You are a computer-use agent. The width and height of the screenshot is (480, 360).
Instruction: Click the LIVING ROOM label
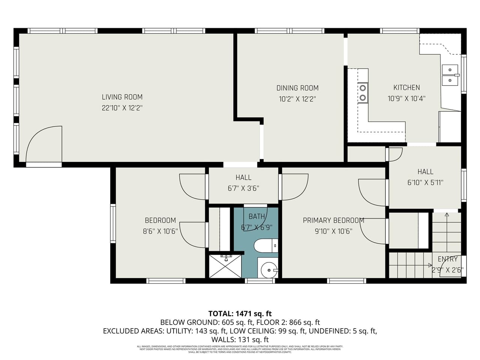coord(122,97)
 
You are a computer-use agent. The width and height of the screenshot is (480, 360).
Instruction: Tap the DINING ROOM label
coord(297,88)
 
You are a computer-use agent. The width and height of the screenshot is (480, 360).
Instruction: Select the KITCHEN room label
coord(406,87)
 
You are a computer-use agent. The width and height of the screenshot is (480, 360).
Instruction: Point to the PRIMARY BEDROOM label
coord(333,220)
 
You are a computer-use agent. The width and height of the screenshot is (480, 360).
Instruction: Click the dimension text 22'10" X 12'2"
coord(122,108)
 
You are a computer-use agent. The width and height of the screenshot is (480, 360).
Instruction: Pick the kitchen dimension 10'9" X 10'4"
coord(406,99)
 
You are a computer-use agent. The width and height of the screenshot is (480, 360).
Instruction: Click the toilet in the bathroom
coord(265,246)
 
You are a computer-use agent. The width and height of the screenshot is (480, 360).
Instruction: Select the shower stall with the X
coord(225,266)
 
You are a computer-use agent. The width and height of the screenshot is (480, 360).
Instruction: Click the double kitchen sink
coord(450,75)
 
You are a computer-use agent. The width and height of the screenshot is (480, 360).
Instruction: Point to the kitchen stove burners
coord(363,93)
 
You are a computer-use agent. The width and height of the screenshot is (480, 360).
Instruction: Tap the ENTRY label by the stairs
coord(447,259)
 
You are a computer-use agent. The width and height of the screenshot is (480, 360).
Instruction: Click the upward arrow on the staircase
coord(446,215)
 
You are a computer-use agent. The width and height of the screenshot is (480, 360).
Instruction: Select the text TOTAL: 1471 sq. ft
coord(240,313)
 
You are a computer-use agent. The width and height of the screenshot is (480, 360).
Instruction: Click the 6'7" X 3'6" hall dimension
coord(243,188)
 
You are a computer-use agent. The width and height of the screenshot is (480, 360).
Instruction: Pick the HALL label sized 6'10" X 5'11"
coord(425,172)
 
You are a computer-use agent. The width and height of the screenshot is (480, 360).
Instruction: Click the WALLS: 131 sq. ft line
coord(240,339)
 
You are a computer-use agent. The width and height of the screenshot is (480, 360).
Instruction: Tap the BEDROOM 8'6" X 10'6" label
coord(160,220)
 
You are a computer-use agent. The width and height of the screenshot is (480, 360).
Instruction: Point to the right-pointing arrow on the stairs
coord(430,265)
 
